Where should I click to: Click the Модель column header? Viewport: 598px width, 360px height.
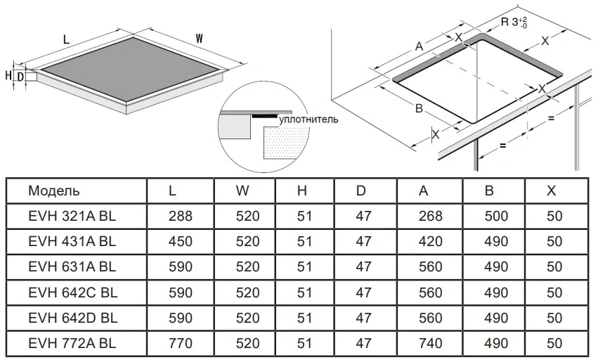tap(54, 191)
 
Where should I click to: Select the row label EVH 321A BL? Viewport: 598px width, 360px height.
tap(72, 216)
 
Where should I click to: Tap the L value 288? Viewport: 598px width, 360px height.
tap(181, 216)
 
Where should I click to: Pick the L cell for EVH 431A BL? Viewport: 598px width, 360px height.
tap(181, 241)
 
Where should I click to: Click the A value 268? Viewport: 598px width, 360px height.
tap(431, 216)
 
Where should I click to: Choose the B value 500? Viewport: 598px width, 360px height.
tap(496, 216)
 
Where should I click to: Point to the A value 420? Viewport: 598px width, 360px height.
tap(431, 241)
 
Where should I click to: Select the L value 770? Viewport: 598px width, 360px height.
tap(181, 343)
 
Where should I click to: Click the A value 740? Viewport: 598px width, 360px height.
tap(431, 343)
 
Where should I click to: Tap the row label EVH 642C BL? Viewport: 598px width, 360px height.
tap(73, 292)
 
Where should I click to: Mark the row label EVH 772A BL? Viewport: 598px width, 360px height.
tap(72, 343)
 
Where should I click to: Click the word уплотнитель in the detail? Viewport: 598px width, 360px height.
tap(308, 120)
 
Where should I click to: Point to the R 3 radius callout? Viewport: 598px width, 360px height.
tap(514, 22)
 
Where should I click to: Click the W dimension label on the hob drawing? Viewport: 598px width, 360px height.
tap(199, 39)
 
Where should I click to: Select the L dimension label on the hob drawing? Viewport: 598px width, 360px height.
tap(66, 39)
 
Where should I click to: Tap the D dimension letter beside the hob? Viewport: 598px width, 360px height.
tap(21, 77)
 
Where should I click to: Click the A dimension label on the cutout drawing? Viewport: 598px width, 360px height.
tap(419, 46)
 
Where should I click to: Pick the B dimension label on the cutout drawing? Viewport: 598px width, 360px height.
tap(419, 108)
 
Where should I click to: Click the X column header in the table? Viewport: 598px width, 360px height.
tap(551, 191)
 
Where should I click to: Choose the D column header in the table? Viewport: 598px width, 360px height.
tap(360, 191)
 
